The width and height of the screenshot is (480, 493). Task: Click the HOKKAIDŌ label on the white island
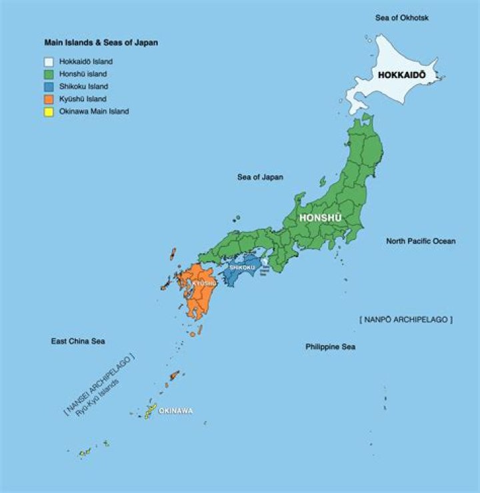point(401,75)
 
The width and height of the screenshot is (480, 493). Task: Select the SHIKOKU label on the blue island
point(242,268)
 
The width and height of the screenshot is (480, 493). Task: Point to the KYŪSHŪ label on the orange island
point(204,283)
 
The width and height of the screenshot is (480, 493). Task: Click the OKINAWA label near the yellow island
point(175,410)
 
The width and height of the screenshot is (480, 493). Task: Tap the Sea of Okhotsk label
point(401,17)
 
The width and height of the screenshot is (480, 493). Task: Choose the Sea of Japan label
point(260,177)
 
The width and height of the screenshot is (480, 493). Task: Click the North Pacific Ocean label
point(421,241)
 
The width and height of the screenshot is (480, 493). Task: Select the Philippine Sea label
point(330,346)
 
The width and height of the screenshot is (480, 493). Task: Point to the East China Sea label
point(79,341)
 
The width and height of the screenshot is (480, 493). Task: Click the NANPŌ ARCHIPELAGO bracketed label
point(405,320)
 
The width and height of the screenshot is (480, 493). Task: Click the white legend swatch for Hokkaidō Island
point(49,61)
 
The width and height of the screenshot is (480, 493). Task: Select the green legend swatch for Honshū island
point(49,74)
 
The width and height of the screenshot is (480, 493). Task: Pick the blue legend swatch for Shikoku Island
point(49,87)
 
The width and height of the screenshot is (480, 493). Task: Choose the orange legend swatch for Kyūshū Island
point(49,99)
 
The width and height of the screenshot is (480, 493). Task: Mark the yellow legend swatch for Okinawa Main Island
point(49,112)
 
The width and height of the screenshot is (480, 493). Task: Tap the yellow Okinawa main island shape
point(151,410)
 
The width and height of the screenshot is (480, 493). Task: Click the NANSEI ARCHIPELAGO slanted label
point(99,382)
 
